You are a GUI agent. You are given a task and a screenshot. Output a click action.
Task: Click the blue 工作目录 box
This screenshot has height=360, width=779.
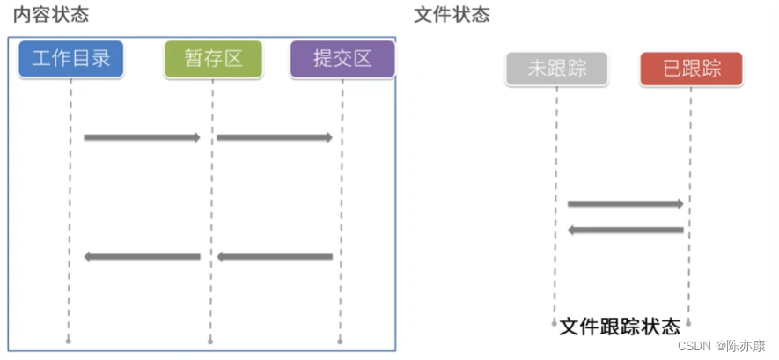(x=70, y=59)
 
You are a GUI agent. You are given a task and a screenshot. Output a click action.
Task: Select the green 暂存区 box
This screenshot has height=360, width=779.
(x=212, y=59)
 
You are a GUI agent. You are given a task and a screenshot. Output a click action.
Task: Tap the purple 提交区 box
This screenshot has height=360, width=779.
(x=342, y=59)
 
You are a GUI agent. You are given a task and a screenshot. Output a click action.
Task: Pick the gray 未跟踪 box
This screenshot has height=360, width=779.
(x=556, y=69)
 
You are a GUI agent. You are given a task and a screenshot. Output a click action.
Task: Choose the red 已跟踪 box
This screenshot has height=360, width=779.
(x=691, y=69)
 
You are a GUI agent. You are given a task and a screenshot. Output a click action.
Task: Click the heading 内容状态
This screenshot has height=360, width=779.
(x=51, y=15)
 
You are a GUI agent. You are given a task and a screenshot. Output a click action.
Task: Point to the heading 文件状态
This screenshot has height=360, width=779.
(x=452, y=15)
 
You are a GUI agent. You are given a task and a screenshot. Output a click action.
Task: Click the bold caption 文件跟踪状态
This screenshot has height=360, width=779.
(x=620, y=327)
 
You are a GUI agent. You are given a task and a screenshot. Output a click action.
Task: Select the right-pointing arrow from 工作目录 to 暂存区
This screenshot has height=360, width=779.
(x=142, y=137)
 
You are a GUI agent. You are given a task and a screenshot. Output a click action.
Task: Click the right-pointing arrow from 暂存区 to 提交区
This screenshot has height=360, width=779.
(x=275, y=137)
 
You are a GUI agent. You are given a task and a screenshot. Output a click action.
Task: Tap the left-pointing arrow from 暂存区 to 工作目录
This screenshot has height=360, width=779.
(x=142, y=257)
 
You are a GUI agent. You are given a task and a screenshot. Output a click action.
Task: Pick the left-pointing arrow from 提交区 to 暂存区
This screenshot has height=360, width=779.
(x=275, y=257)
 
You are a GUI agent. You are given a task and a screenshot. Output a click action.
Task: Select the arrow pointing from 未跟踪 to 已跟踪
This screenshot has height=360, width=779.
(x=625, y=204)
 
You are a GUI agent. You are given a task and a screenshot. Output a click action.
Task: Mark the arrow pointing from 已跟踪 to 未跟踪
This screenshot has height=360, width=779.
(x=625, y=231)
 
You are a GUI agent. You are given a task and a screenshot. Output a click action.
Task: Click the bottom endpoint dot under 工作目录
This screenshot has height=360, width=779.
(x=69, y=340)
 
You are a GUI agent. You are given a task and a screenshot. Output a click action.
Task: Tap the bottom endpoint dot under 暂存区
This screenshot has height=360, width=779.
(x=210, y=340)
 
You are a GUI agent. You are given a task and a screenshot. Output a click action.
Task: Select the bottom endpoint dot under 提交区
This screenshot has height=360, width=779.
(x=341, y=340)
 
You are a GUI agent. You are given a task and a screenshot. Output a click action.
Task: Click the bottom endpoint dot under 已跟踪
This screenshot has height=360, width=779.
(x=688, y=323)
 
